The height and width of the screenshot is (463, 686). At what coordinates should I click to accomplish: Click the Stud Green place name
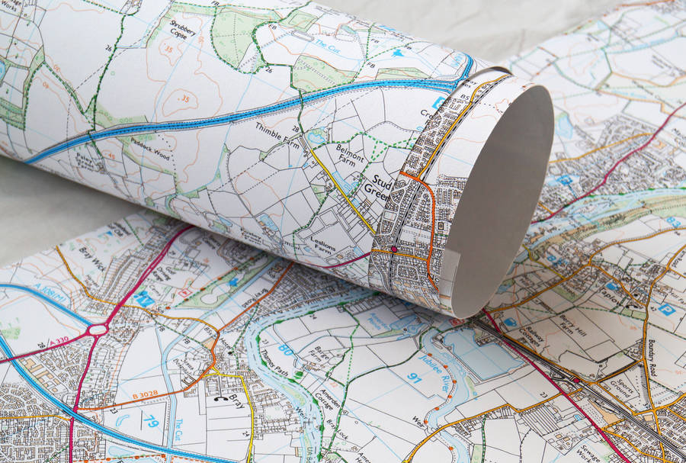pos(382,187)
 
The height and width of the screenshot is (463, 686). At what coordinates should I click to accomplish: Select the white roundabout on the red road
pos(98,330)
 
